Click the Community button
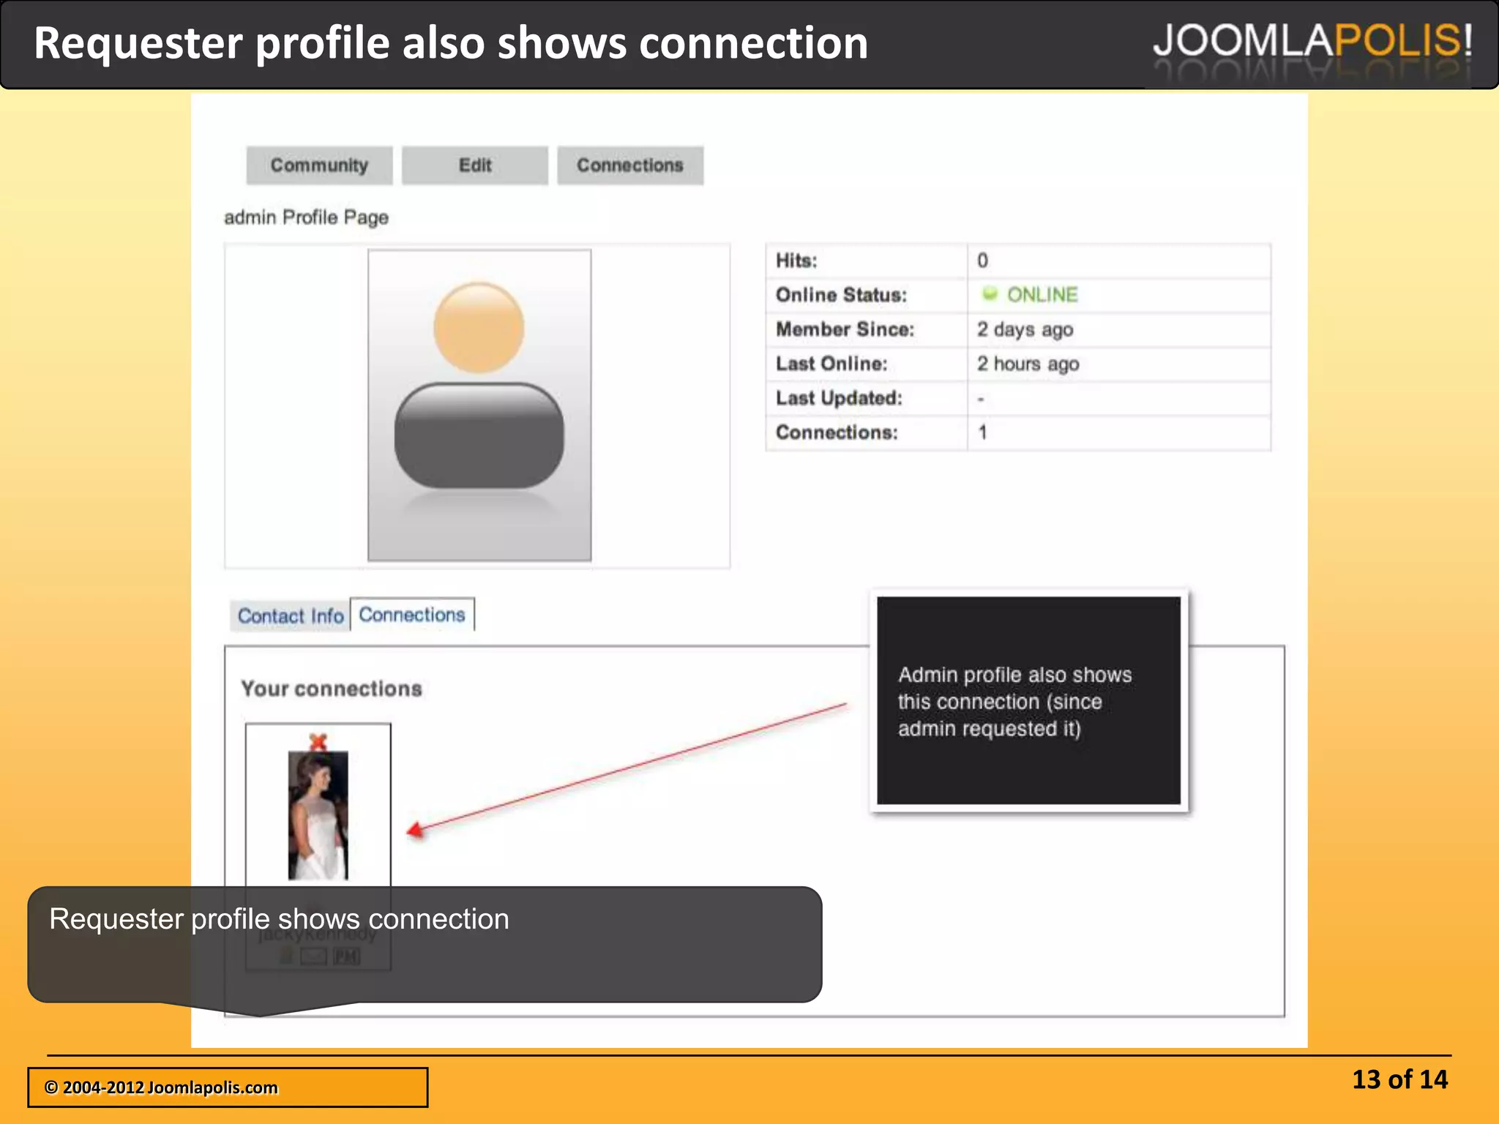[319, 165]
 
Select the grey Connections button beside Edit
[629, 165]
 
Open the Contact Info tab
[290, 616]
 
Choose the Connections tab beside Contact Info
[412, 615]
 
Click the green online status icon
[990, 294]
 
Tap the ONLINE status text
[1042, 295]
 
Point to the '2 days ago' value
[1025, 329]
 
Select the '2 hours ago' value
[1028, 364]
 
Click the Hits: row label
[796, 261]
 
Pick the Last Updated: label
[839, 398]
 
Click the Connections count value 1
[983, 432]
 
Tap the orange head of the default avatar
[479, 327]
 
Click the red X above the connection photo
[318, 741]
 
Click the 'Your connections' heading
[332, 689]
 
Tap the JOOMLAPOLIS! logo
[1312, 41]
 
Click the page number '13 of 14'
[1399, 1079]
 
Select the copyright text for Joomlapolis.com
[161, 1087]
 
